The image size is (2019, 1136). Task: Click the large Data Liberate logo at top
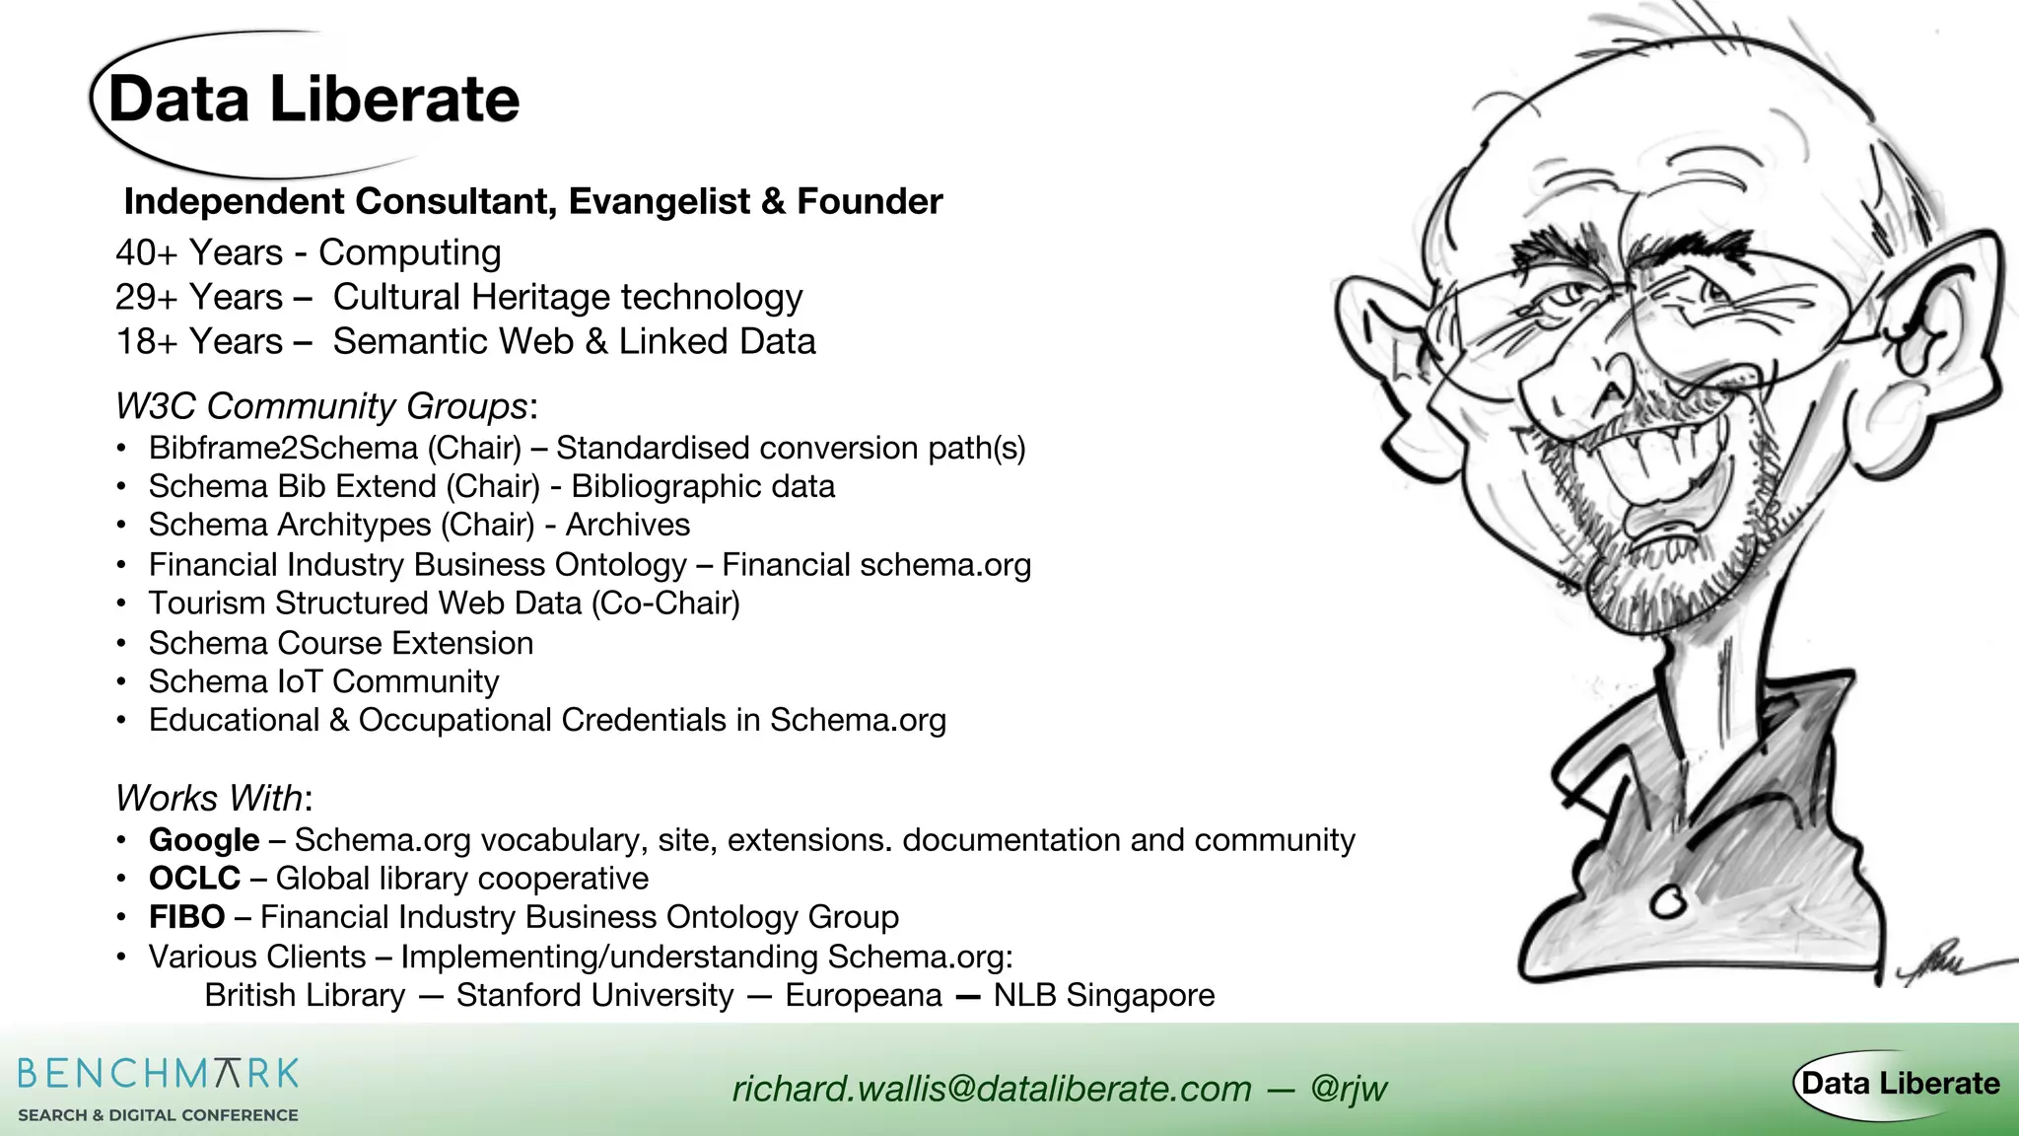pyautogui.click(x=313, y=101)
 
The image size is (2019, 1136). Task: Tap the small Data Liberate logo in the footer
pyautogui.click(x=1900, y=1084)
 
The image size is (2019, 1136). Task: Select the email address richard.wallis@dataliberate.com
pyautogui.click(x=992, y=1089)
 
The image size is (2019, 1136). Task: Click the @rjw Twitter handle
pyautogui.click(x=1349, y=1089)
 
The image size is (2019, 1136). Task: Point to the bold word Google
pyautogui.click(x=204, y=840)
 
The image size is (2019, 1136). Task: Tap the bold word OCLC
pyautogui.click(x=194, y=879)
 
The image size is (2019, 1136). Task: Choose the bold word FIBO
pyautogui.click(x=186, y=917)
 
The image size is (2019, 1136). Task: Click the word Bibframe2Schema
pyautogui.click(x=283, y=449)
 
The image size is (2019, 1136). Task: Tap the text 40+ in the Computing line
pyautogui.click(x=146, y=253)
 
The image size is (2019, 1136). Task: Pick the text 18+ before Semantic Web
pyautogui.click(x=146, y=342)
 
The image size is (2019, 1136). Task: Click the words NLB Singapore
pyautogui.click(x=1103, y=996)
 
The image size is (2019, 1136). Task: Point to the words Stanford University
pyautogui.click(x=594, y=996)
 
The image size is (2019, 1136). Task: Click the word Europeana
pyautogui.click(x=864, y=996)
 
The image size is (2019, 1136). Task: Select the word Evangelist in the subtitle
pyautogui.click(x=660, y=202)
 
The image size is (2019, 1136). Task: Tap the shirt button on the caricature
pyautogui.click(x=1669, y=900)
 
